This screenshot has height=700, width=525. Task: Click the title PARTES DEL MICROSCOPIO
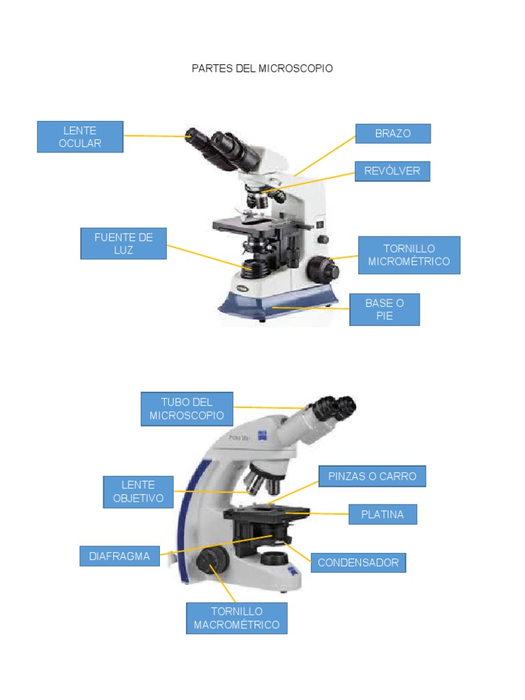[x=262, y=69]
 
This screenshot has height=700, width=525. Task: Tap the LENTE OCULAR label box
[x=80, y=137]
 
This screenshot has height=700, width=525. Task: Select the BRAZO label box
[x=392, y=133]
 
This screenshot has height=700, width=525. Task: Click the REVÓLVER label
[x=392, y=171]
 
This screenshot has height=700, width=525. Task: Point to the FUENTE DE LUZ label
[x=123, y=243]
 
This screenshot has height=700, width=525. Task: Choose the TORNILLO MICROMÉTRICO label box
[x=409, y=255]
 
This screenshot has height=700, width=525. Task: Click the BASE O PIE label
[x=384, y=310]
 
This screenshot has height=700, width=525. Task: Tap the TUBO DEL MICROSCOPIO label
[x=187, y=409]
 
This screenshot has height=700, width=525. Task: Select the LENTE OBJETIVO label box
[x=138, y=492]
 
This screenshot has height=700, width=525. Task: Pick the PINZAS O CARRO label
[x=372, y=476]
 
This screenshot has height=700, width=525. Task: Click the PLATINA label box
[x=382, y=514]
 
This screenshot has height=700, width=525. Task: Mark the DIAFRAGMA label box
[x=119, y=556]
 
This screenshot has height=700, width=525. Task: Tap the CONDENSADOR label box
[x=358, y=563]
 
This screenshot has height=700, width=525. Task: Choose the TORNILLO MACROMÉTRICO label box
[x=237, y=618]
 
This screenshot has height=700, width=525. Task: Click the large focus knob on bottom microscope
[x=211, y=563]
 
